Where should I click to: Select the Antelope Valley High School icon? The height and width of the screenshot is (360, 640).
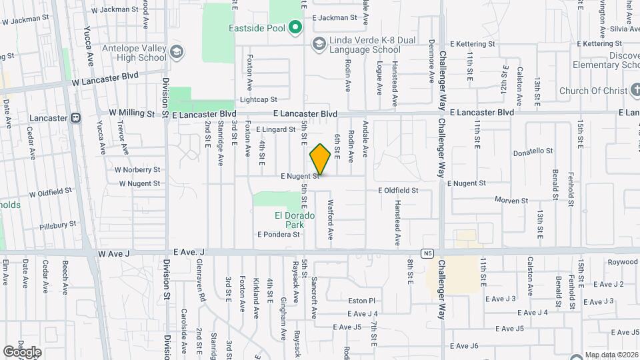point(177,51)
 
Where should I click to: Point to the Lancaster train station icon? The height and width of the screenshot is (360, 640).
point(75,118)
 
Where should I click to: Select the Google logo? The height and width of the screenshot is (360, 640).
point(22,351)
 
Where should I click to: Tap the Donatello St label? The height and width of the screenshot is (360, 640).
point(533,153)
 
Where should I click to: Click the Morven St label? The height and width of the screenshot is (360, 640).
point(511,200)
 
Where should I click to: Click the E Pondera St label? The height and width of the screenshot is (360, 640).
point(279,234)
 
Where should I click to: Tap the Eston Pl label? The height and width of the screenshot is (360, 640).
point(362,301)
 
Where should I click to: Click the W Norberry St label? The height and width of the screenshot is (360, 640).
point(137,169)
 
